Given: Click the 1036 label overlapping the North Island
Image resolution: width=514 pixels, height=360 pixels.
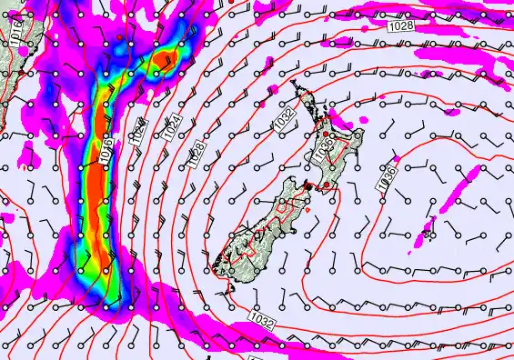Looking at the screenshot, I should [322, 155].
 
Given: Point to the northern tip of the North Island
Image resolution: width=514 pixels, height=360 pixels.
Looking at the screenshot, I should [292, 85].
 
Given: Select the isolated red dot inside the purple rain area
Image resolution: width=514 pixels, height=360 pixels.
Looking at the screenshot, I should [118, 35].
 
